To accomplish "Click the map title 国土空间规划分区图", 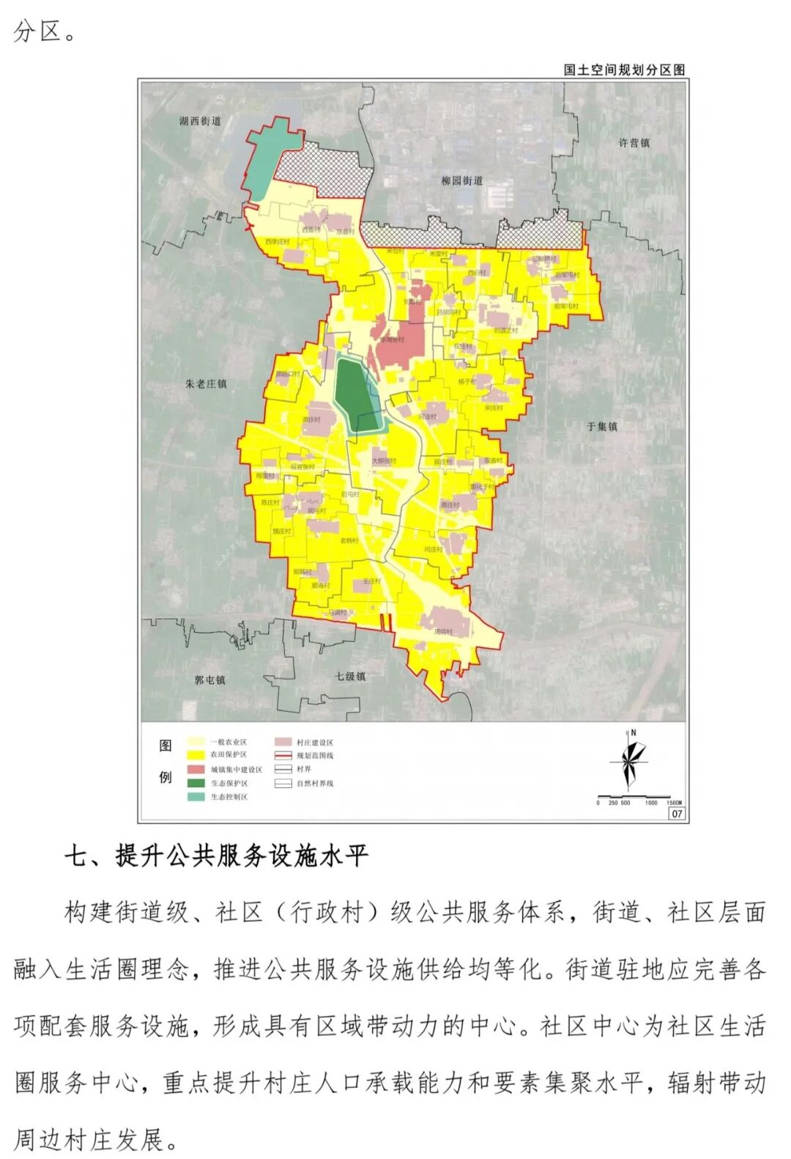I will tap(624, 70).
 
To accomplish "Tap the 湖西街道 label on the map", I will tap(200, 121).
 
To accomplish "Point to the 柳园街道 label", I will tap(461, 180).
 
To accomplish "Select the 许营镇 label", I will tap(634, 143).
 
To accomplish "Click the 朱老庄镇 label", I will tap(206, 383).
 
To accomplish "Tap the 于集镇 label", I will tap(602, 426).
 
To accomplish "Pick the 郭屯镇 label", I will tap(209, 680).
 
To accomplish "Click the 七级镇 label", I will tap(350, 676).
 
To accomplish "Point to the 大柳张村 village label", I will tap(383, 461).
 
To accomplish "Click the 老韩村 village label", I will tap(349, 540).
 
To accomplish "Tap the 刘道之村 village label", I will tap(505, 331).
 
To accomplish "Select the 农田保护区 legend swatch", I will tap(196, 754).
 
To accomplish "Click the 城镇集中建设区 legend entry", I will tap(236, 770).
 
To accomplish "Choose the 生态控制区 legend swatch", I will tap(196, 797).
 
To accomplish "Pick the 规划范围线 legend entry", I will tap(314, 755).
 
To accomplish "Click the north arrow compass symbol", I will tap(630, 762).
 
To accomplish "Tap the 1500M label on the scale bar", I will tap(674, 803).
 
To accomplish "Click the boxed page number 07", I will tap(676, 813).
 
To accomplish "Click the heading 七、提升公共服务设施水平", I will tap(216, 855).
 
